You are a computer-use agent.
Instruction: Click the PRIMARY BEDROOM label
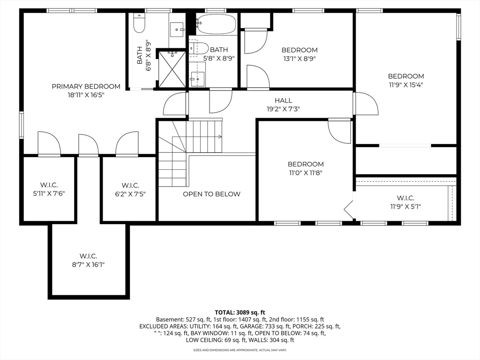pos(86,87)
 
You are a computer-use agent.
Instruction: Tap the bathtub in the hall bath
pos(217,24)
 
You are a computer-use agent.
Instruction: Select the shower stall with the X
pos(172,69)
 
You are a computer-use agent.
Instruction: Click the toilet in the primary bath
pos(139,23)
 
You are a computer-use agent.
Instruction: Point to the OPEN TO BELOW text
pos(211,194)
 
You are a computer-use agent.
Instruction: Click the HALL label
pos(284,100)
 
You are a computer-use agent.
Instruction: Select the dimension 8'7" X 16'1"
pos(89,264)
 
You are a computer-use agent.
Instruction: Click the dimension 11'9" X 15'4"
pos(406,85)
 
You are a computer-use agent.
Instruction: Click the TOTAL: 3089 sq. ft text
pos(240,313)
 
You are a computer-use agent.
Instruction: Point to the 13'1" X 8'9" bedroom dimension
pos(300,59)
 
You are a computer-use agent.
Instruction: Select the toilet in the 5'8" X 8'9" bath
pos(199,49)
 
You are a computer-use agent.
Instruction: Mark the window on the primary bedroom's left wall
pos(22,125)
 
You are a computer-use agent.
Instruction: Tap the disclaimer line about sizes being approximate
pos(240,350)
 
